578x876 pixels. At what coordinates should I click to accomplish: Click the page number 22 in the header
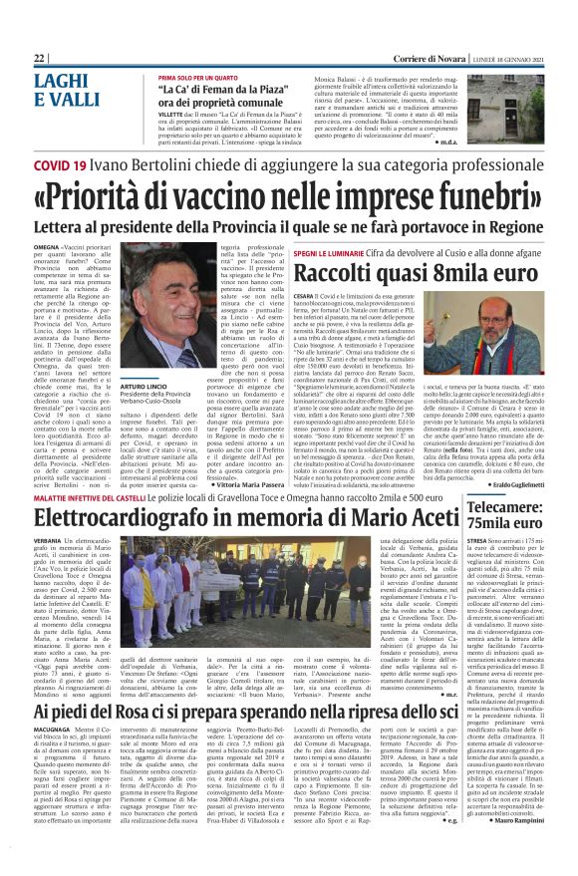click(39, 59)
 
